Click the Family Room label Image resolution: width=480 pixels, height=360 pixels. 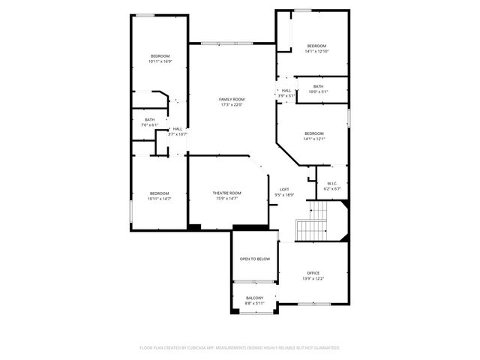pos(232,100)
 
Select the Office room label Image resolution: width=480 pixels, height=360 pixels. pos(313,273)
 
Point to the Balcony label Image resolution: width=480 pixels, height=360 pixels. pos(254,298)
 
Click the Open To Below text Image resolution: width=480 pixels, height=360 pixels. pos(254,259)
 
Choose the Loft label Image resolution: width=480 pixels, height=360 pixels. pos(284,189)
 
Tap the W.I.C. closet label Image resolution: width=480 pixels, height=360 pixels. pos(331,184)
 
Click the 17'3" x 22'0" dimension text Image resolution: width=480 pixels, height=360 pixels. pos(232,105)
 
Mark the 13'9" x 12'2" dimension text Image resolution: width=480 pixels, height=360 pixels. pos(313,278)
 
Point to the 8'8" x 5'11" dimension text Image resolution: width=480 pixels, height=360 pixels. pos(254,303)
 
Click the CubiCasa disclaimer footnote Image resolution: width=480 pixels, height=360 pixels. pos(240,347)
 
